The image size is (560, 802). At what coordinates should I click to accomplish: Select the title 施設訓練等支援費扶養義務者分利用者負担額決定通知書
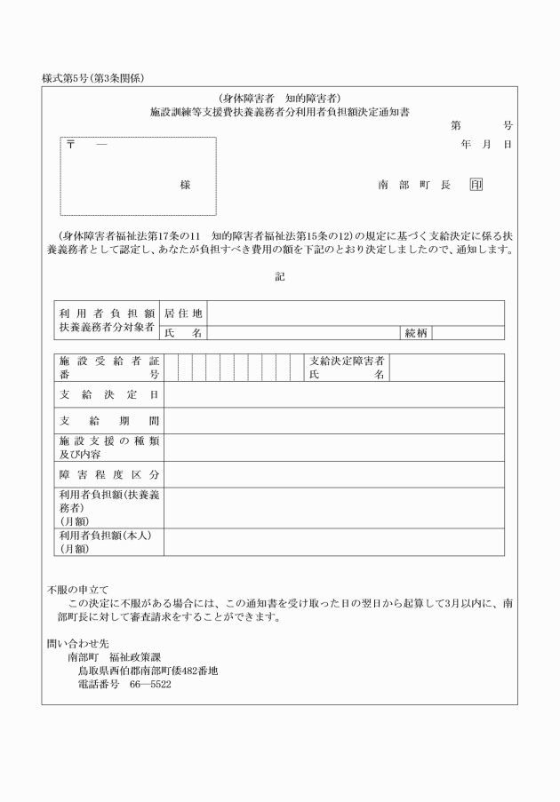click(x=280, y=113)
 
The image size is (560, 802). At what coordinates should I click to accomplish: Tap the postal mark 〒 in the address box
click(x=70, y=146)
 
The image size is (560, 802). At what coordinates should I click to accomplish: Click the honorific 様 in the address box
click(x=185, y=185)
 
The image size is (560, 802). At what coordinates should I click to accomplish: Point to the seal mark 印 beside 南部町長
click(x=476, y=185)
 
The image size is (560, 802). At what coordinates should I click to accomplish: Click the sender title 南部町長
click(x=414, y=185)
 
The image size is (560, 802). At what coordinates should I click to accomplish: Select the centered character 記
click(x=280, y=276)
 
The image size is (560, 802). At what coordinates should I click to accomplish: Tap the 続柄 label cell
click(x=416, y=333)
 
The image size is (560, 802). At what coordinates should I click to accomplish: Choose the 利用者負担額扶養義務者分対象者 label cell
click(x=107, y=321)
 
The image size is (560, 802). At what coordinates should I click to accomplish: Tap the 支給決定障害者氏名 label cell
click(x=347, y=368)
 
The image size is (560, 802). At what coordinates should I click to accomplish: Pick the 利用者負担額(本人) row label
click(x=103, y=542)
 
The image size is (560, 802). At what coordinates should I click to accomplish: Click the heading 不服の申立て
click(x=77, y=588)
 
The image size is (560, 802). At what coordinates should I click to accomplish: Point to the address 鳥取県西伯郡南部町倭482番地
click(x=148, y=671)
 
